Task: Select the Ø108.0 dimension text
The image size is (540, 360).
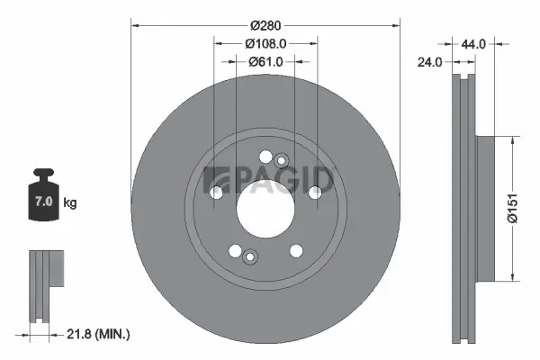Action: tap(265, 42)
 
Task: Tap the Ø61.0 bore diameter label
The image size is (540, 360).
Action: tap(265, 61)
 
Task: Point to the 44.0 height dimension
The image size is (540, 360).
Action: tap(473, 43)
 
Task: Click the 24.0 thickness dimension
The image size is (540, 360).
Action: tap(429, 63)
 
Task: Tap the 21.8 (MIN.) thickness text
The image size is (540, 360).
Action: tap(99, 334)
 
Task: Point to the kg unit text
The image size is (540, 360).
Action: tap(70, 203)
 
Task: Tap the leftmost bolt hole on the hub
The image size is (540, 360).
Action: tap(216, 192)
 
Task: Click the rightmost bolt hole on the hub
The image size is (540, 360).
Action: tap(314, 192)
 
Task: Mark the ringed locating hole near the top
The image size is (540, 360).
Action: tap(281, 161)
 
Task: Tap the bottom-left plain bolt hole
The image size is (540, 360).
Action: tap(235, 250)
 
